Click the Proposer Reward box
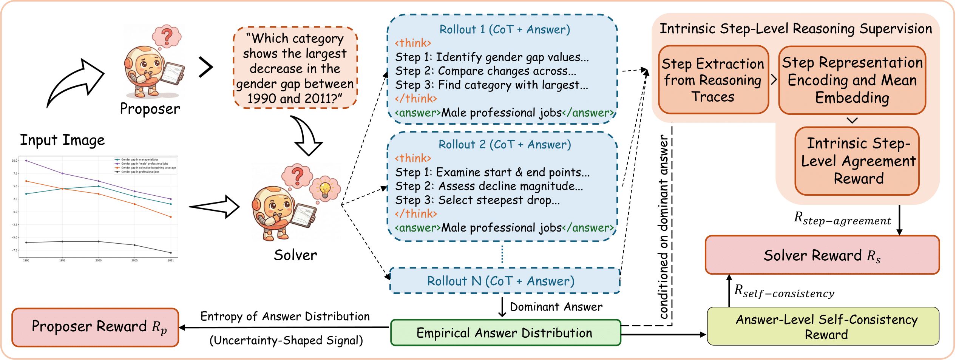click(95, 327)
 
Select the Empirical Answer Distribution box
click(505, 333)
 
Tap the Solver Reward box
click(822, 255)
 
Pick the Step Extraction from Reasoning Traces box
click(713, 80)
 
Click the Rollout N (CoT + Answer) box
click(505, 281)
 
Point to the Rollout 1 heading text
click(505, 29)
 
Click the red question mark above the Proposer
click(167, 36)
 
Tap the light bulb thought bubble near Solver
click(325, 188)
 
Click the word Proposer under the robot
click(150, 109)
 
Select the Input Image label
click(62, 140)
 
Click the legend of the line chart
click(146, 165)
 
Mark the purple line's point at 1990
click(26, 161)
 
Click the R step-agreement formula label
click(842, 219)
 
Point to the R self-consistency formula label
click(784, 292)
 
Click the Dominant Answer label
click(556, 307)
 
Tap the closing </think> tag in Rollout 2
click(416, 214)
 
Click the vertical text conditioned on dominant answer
click(663, 227)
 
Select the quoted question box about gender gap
click(295, 68)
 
